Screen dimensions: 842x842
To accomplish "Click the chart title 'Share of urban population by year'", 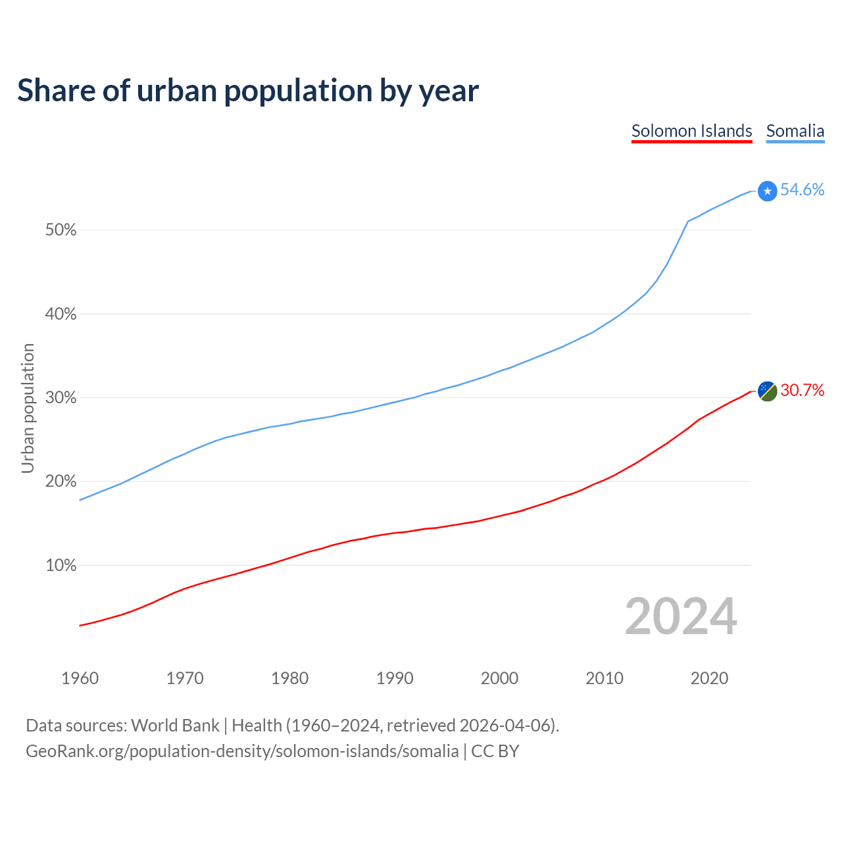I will [248, 91].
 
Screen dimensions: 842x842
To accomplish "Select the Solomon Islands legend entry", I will [691, 131].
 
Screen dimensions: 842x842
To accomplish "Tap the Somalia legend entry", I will [795, 131].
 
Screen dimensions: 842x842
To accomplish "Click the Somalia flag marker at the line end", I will [767, 191].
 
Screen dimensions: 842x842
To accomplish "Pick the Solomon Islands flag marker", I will [767, 391].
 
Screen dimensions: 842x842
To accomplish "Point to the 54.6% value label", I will [802, 190].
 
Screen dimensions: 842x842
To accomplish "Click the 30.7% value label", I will [802, 391].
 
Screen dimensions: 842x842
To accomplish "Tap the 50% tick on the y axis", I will [61, 230].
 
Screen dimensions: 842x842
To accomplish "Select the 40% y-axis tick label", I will [61, 314].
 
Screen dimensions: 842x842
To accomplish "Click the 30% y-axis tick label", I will [61, 398].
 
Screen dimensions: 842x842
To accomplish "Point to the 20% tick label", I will [61, 482].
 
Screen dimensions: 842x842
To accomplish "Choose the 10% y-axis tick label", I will [61, 565].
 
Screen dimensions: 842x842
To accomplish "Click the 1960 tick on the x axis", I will [80, 678].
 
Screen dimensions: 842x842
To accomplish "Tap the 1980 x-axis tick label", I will [290, 678].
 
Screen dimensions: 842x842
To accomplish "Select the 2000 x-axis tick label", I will [500, 678].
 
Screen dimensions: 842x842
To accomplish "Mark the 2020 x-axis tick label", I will [709, 678].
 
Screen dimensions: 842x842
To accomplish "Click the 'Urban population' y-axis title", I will [28, 408].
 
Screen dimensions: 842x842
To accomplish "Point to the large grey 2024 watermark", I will [681, 616].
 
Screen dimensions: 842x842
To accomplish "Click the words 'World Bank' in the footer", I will [175, 726].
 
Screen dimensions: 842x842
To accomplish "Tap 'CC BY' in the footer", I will [495, 751].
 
